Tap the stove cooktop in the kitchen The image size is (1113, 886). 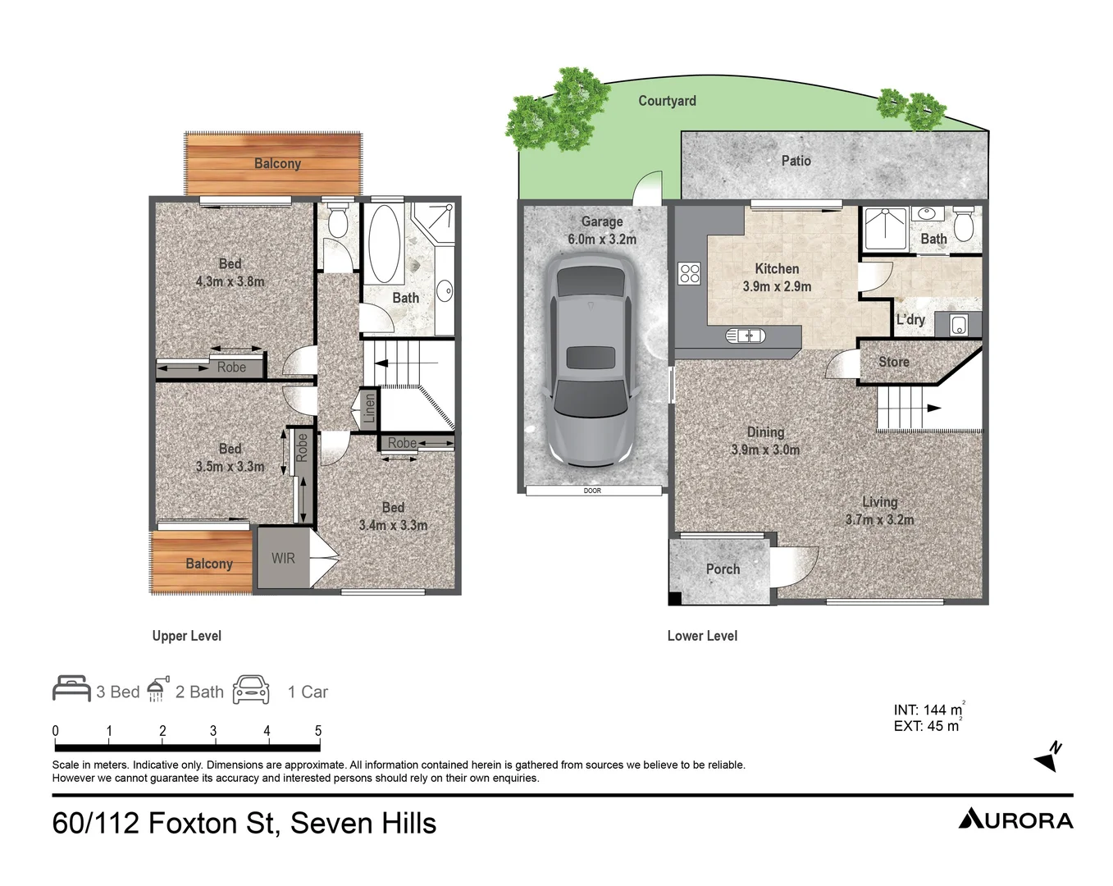pyautogui.click(x=690, y=273)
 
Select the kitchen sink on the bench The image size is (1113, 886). pyautogui.click(x=745, y=336)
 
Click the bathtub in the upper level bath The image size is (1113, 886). pyautogui.click(x=384, y=244)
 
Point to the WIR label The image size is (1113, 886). pyautogui.click(x=283, y=559)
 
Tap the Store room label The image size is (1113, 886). pyautogui.click(x=893, y=362)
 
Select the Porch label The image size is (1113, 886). pyautogui.click(x=723, y=569)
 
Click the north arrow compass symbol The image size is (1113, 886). pyautogui.click(x=1048, y=756)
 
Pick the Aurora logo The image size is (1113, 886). pyautogui.click(x=1015, y=820)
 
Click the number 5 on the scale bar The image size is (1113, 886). pyautogui.click(x=318, y=731)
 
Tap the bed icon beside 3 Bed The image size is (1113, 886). pyautogui.click(x=71, y=689)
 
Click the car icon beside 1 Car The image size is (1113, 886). pyautogui.click(x=251, y=690)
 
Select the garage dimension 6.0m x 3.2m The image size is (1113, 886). pyautogui.click(x=602, y=240)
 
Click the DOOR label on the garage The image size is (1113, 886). pyautogui.click(x=592, y=491)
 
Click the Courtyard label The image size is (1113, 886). pyautogui.click(x=667, y=101)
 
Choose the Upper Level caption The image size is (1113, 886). pyautogui.click(x=186, y=636)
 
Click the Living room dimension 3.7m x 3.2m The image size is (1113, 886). pyautogui.click(x=879, y=519)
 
